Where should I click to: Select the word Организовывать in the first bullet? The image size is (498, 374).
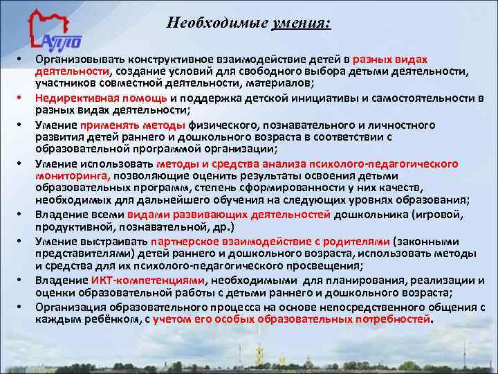76,61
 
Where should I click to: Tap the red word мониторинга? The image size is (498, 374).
68,177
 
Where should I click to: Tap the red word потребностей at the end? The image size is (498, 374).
392,319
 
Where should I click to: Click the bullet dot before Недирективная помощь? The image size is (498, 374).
22,99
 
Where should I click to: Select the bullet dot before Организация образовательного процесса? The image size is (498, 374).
22,307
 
